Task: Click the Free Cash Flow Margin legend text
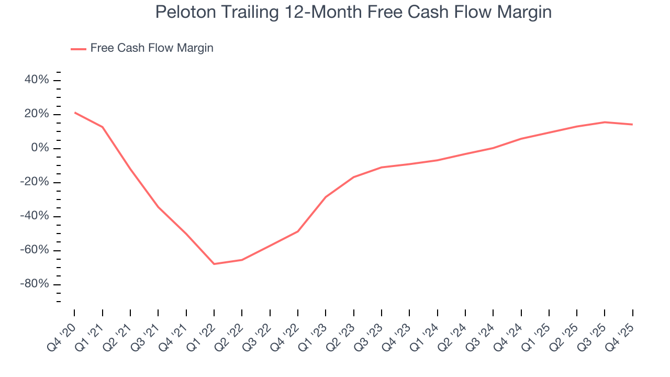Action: click(152, 48)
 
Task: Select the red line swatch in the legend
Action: click(79, 49)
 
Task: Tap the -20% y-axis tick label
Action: click(35, 182)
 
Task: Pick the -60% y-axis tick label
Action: click(35, 250)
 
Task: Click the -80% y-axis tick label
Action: click(35, 284)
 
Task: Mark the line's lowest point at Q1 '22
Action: click(214, 264)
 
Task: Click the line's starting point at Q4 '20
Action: click(74, 113)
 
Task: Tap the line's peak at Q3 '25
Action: click(605, 122)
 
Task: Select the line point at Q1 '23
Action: click(326, 197)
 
